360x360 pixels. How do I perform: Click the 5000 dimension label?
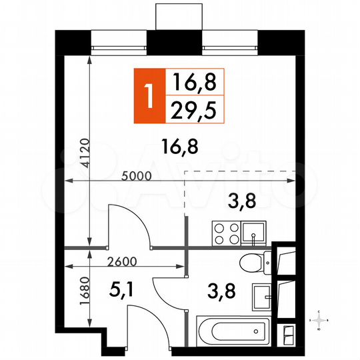point(137,175)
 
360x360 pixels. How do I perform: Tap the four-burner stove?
point(223,233)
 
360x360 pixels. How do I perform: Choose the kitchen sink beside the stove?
point(254,233)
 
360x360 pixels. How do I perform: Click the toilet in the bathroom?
point(254,263)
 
